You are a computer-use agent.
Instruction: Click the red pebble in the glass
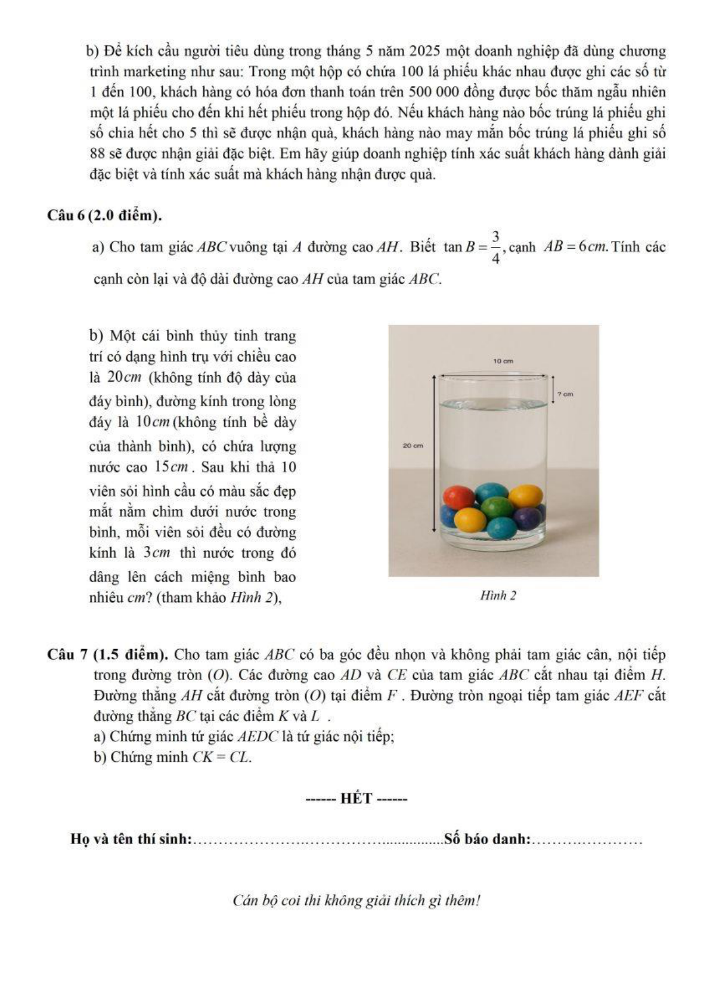(458, 496)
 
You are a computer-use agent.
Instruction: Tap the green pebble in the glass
(497, 508)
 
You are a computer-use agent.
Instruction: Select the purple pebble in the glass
(527, 518)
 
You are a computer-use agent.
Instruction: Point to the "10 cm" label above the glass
(503, 361)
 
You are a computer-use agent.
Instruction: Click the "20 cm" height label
(413, 446)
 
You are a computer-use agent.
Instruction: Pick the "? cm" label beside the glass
(565, 394)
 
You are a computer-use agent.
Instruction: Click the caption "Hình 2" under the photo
(498, 595)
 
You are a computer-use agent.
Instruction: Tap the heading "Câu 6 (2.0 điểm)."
(105, 215)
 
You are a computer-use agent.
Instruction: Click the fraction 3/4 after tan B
(496, 247)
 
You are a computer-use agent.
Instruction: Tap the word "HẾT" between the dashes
(356, 798)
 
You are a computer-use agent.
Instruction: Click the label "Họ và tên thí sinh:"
(131, 839)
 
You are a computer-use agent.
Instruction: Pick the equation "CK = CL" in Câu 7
(221, 757)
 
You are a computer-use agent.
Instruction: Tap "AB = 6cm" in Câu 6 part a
(575, 247)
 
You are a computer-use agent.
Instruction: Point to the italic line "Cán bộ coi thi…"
(356, 900)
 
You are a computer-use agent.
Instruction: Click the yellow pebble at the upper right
(525, 495)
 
